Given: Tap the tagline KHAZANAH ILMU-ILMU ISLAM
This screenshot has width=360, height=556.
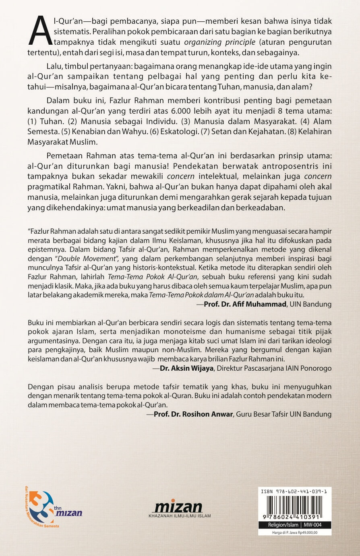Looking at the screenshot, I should click(x=180, y=516).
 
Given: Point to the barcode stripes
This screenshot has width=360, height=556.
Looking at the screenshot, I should click(x=294, y=505).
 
